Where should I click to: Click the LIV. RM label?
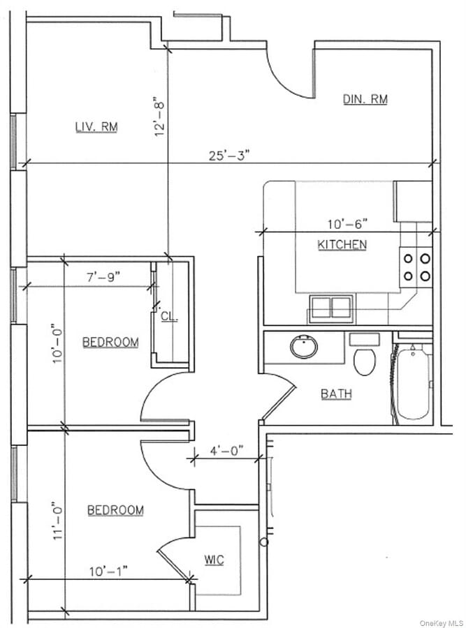96,126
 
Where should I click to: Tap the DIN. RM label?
365,99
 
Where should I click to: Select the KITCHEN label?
342,244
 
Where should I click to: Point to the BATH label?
336,394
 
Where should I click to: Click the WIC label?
214,560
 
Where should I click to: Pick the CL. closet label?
169,316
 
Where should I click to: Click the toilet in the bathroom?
364,359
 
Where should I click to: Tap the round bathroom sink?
304,347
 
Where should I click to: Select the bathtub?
412,382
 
